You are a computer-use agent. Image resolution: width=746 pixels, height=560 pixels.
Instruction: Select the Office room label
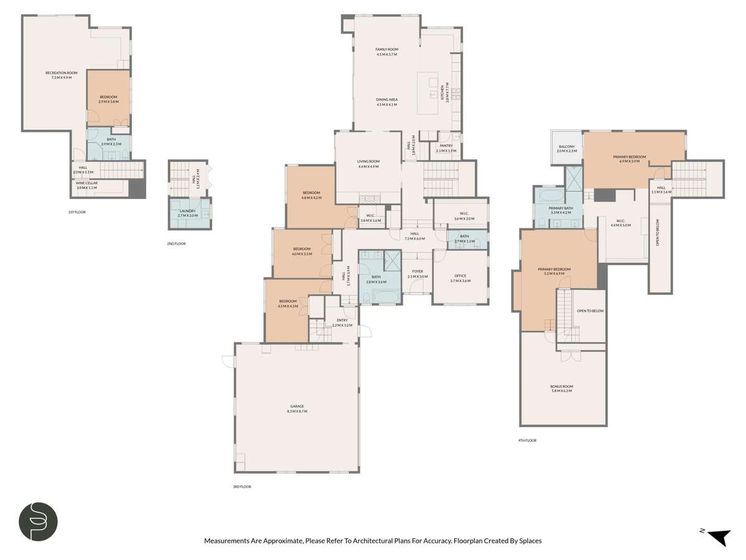460,278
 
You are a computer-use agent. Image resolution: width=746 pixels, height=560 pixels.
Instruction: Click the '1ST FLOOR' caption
76,212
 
